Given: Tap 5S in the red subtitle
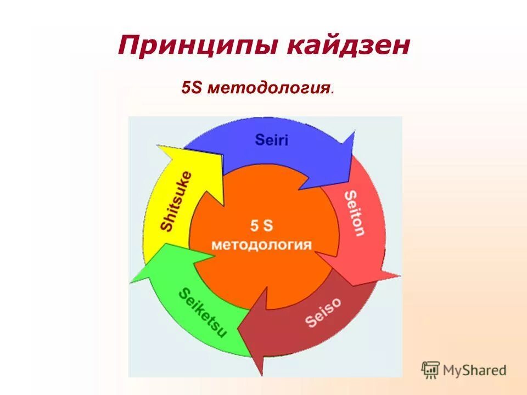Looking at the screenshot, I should coord(192,88).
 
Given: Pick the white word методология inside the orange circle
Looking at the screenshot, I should coord(262,244).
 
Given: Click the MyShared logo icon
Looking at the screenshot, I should coord(431,370).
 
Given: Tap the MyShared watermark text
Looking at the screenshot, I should coord(475,370).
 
